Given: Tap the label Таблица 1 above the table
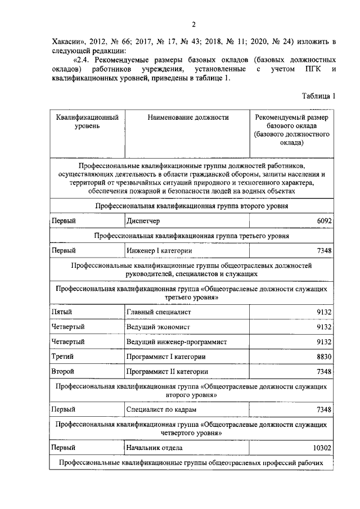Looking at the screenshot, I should point(318,96).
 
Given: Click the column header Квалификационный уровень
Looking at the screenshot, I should point(87,122).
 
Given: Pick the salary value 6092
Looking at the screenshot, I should point(325,221).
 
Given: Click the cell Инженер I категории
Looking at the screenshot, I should point(160,250).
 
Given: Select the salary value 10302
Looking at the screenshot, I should point(322,448).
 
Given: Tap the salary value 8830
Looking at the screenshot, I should point(325,357).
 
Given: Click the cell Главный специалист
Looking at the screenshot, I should point(159,311).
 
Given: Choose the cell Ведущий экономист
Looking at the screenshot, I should point(159,326).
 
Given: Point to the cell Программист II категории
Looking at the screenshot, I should point(168,372).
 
